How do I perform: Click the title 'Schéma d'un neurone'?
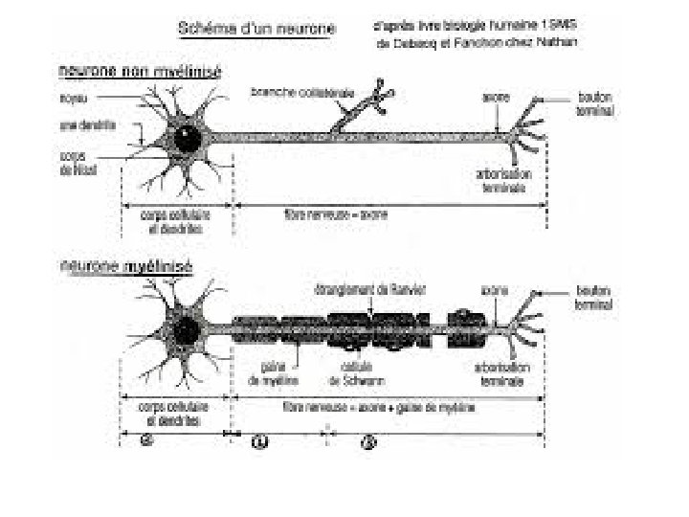(x=257, y=29)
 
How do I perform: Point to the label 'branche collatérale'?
(x=289, y=92)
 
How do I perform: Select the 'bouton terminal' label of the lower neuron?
(x=594, y=298)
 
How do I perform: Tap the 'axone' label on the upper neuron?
(x=496, y=97)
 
